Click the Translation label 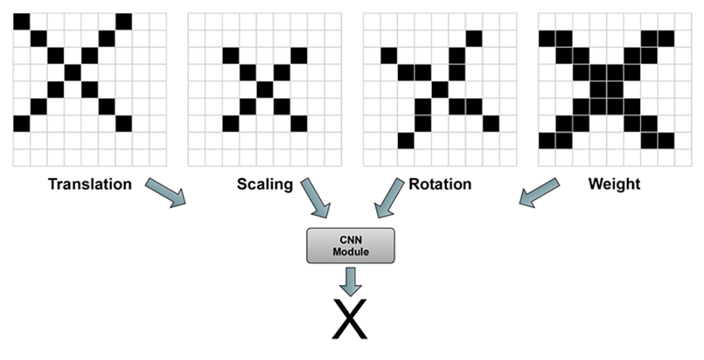pos(89,184)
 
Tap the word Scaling pos(265,184)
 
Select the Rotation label pos(440,184)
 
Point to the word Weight pos(615,184)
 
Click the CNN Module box pos(351,245)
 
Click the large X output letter pos(349,319)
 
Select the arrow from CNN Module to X pos(351,280)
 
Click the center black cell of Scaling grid pos(265,89)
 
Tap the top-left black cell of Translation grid pos(21,21)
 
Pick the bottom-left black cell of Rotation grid pos(406,140)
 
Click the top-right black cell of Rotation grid pos(474,38)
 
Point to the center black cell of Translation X pos(72,72)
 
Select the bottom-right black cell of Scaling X pos(298,123)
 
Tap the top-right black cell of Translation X pos(123,21)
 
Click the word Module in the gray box pos(351,252)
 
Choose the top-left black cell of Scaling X pos(231,55)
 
